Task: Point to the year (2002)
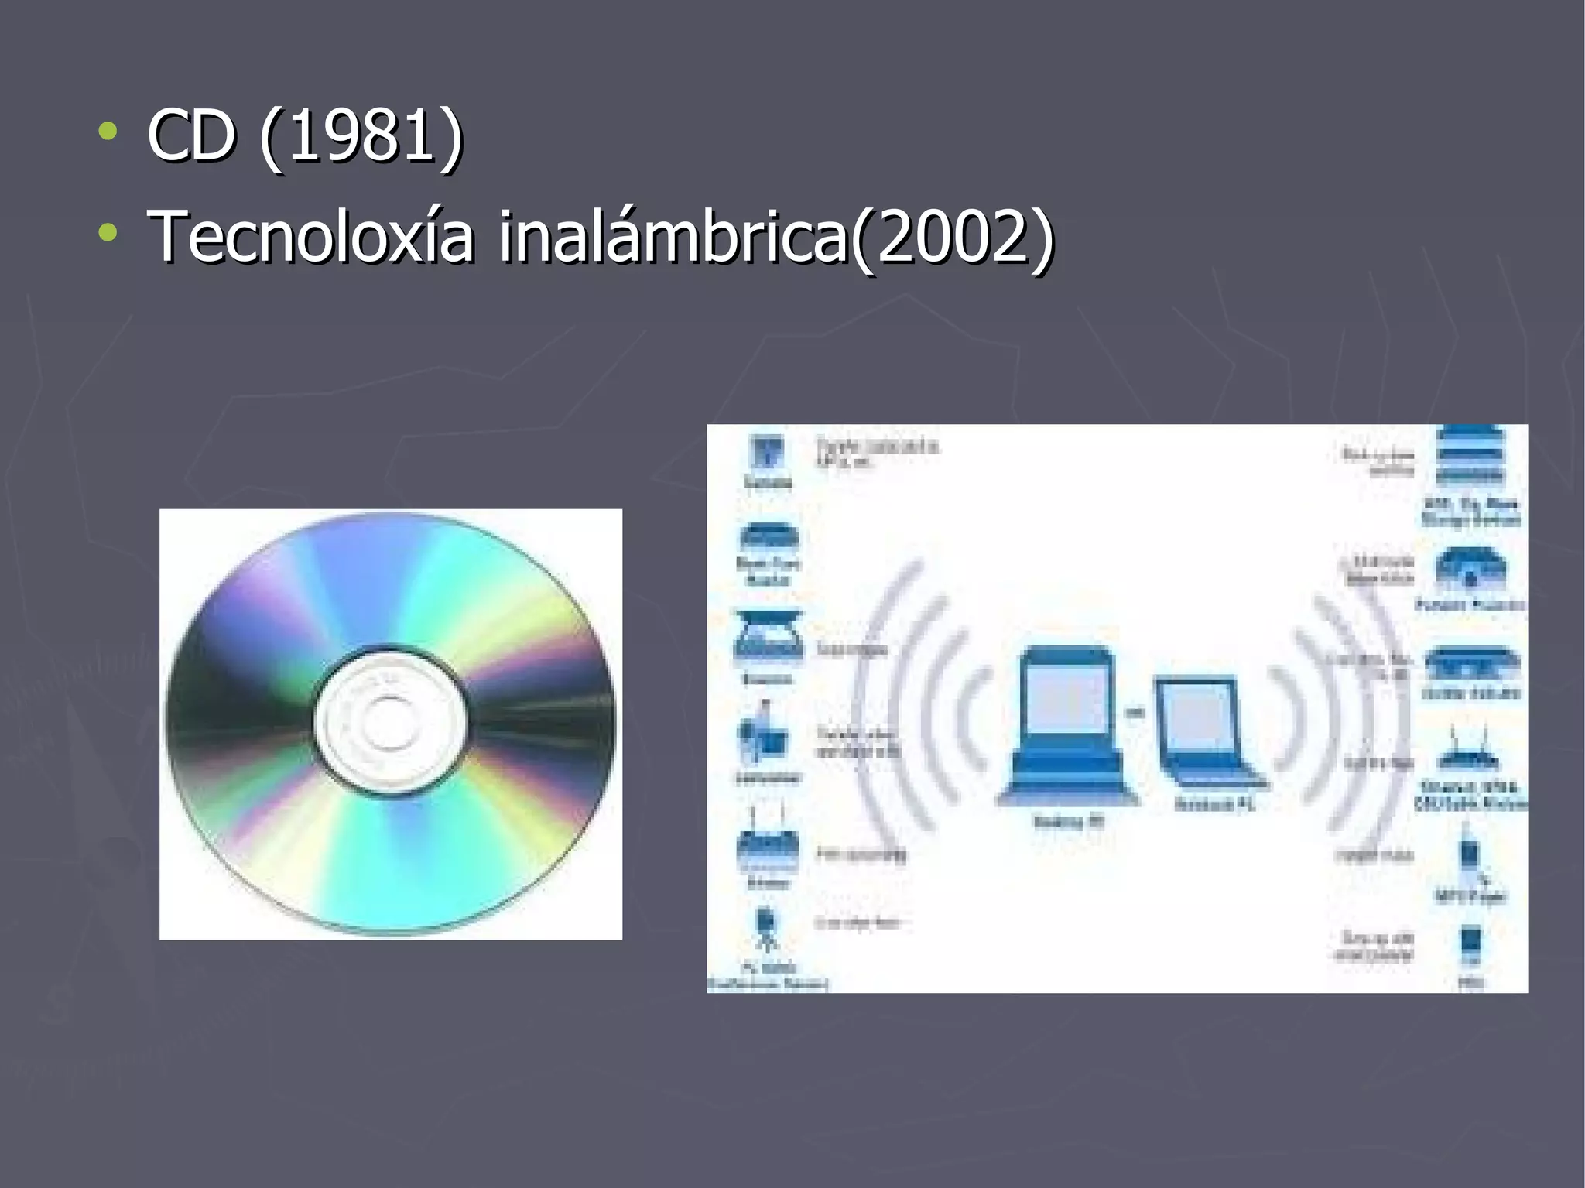point(953,237)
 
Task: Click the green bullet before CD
point(108,132)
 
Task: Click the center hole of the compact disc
point(389,723)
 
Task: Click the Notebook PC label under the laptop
point(1214,804)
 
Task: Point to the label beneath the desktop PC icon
point(1069,821)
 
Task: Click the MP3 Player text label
point(1470,896)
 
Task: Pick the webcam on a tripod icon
point(766,929)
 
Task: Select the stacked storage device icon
point(1469,457)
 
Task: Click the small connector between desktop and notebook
point(1135,712)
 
